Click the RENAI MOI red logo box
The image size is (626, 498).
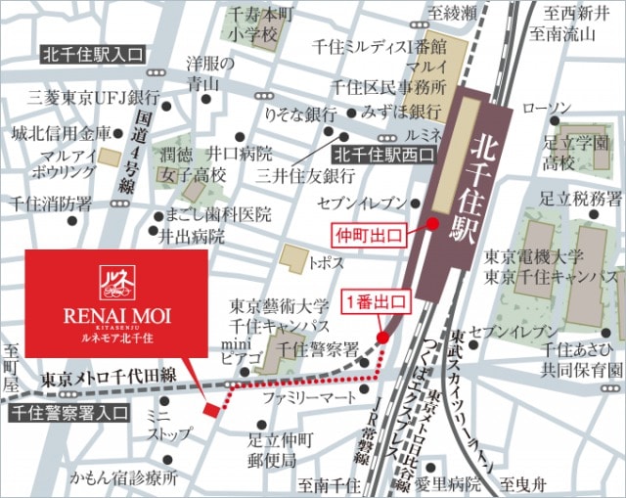pyautogui.click(x=115, y=302)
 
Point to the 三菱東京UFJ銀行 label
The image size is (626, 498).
pyautogui.click(x=94, y=98)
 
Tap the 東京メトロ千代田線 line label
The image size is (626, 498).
pyautogui.click(x=110, y=378)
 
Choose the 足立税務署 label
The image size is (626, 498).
pyautogui.click(x=583, y=200)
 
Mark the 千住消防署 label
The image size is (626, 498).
pyautogui.click(x=51, y=204)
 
